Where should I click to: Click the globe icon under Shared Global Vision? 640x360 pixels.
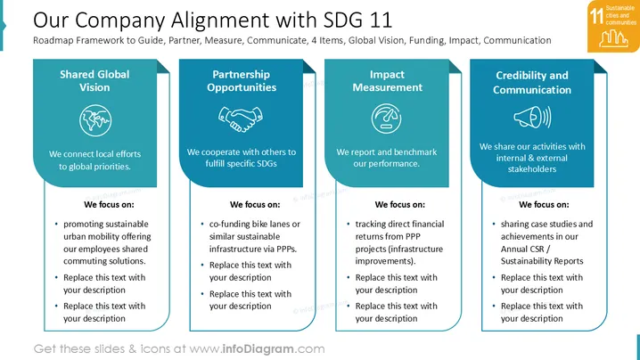[x=95, y=120]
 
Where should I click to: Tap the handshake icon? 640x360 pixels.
[x=241, y=119]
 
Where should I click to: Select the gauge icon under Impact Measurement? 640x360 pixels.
[x=386, y=119]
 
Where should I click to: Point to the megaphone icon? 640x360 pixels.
[x=532, y=117]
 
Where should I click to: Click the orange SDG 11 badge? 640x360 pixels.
[x=613, y=26]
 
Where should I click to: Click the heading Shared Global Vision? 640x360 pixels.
[x=94, y=81]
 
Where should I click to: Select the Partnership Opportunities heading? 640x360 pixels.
[x=242, y=81]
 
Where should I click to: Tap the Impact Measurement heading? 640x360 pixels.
[x=388, y=81]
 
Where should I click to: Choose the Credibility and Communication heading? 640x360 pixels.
[x=532, y=83]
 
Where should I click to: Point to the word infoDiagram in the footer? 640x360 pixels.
[x=258, y=349]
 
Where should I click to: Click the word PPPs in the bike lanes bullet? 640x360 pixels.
[x=286, y=249]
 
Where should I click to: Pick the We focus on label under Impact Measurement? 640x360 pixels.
[x=400, y=204]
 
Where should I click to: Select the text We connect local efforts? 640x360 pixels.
[x=94, y=154]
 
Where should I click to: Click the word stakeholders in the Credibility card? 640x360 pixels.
[x=532, y=169]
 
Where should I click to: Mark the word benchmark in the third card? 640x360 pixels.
[x=415, y=152]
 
